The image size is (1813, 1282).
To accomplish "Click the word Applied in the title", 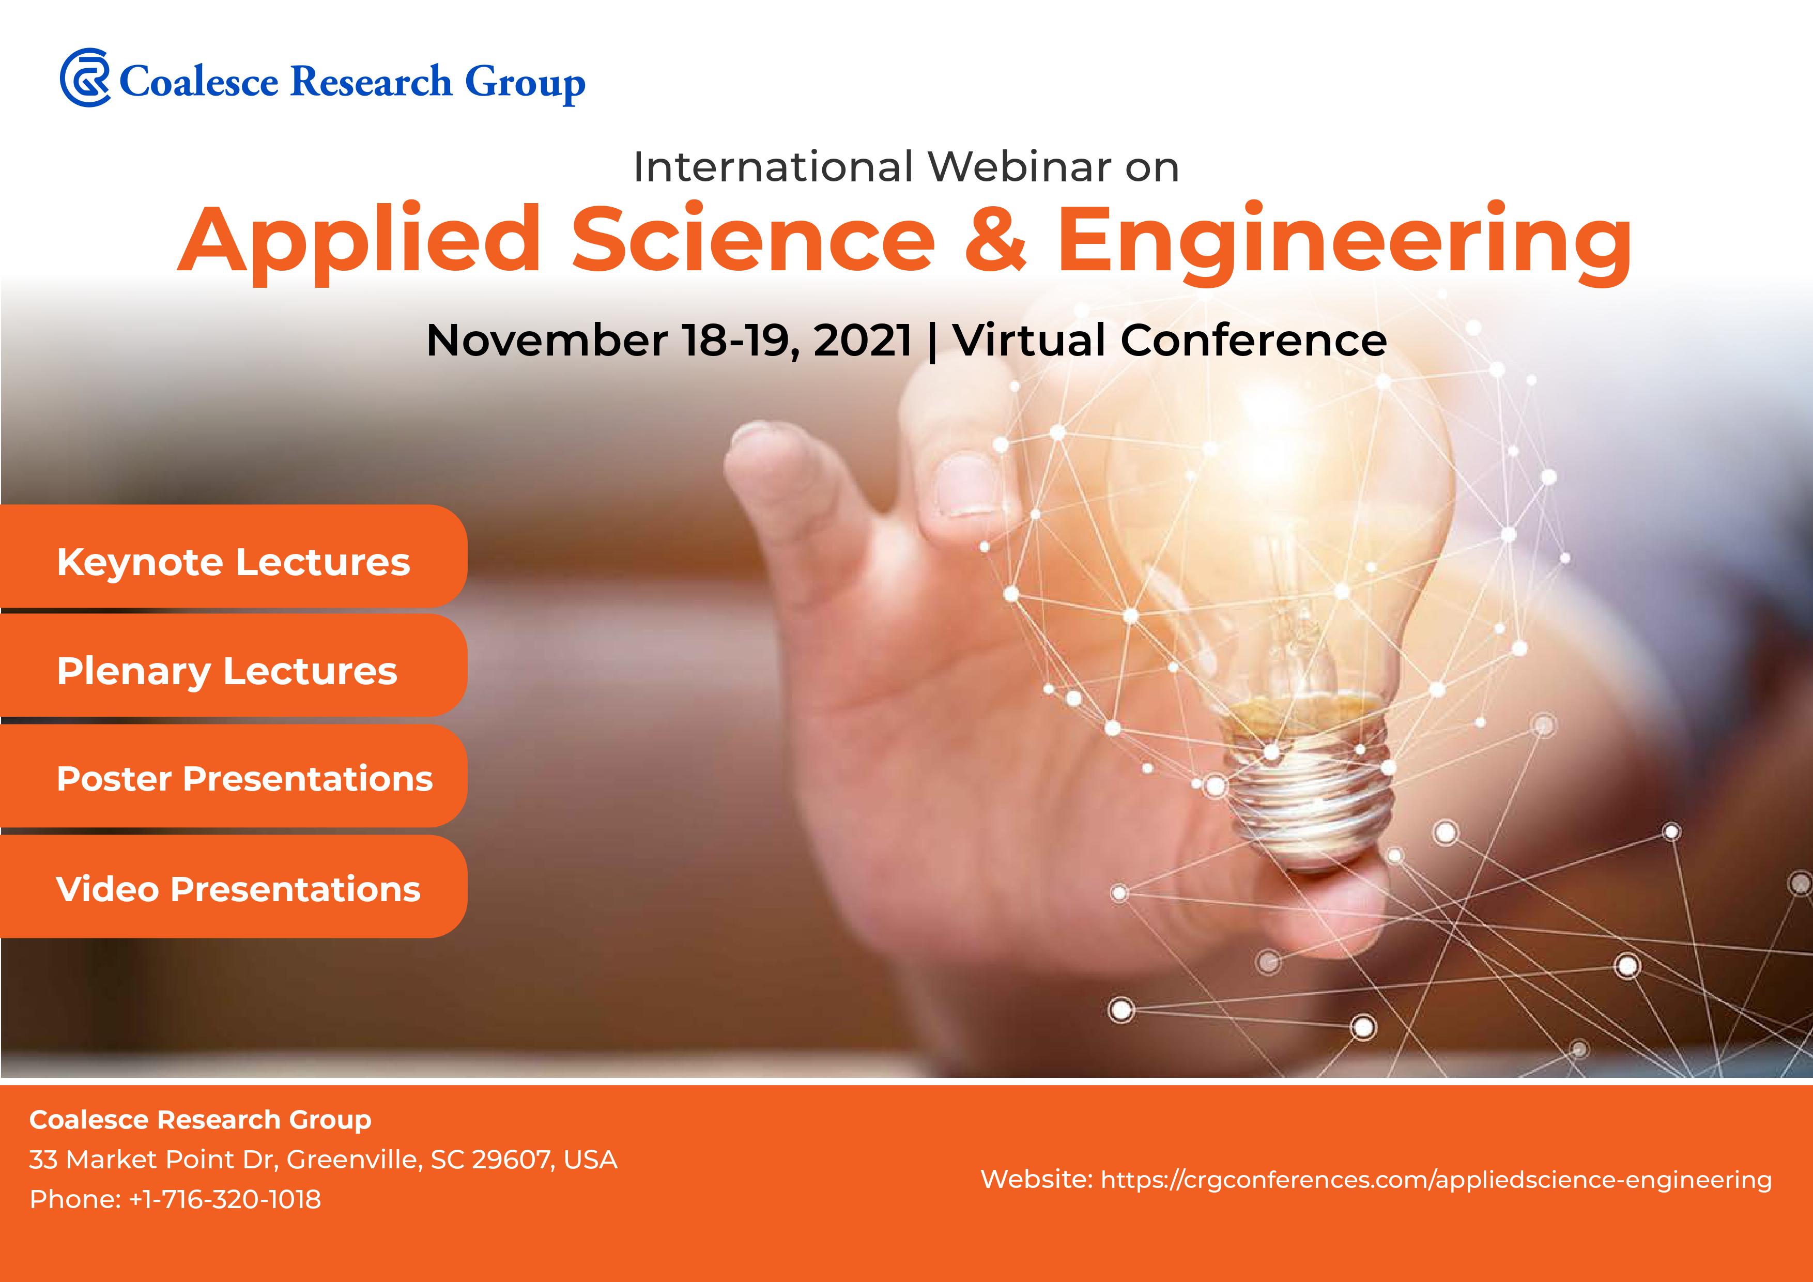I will point(359,241).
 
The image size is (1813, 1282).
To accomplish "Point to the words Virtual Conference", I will point(1170,341).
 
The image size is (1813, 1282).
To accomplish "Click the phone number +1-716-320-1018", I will point(225,1199).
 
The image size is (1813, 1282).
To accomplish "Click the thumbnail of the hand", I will point(963,486).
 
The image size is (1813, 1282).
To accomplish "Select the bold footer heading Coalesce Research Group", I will point(200,1119).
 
